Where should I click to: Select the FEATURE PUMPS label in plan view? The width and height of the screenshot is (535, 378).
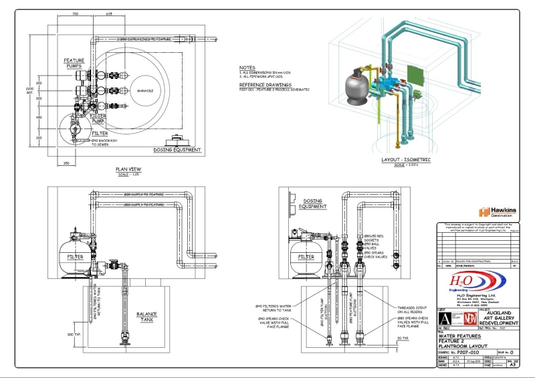[x=74, y=64]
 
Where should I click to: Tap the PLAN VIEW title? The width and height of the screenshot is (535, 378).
[x=126, y=169]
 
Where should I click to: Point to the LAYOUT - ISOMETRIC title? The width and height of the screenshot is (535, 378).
[x=406, y=160]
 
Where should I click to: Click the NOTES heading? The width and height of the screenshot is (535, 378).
[x=247, y=68]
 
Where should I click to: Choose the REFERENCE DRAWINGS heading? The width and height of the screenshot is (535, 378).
[x=265, y=85]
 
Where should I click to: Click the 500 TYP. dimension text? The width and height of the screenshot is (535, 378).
[x=73, y=333]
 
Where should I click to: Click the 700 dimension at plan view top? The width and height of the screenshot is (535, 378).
[x=75, y=13]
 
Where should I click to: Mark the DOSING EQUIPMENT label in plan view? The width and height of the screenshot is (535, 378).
[x=178, y=150]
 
